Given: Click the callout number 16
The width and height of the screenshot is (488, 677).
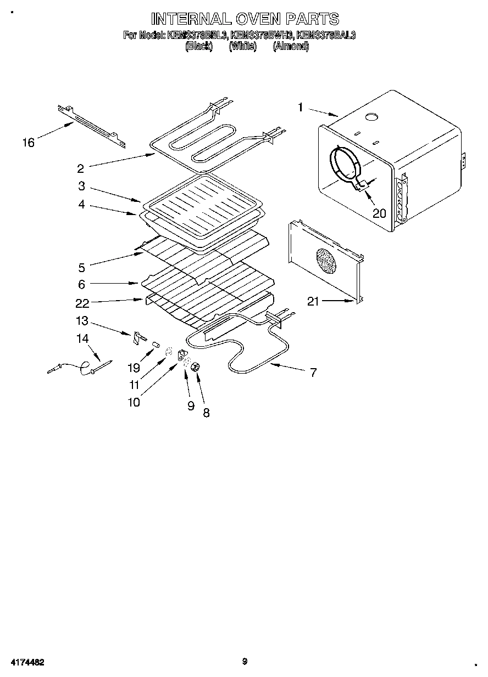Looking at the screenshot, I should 28,143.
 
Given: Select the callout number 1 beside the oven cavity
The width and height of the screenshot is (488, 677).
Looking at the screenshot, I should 300,108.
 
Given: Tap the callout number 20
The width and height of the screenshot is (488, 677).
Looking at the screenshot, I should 379,213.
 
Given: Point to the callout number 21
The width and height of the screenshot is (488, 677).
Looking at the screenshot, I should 313,301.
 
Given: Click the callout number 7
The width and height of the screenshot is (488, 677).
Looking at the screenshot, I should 313,373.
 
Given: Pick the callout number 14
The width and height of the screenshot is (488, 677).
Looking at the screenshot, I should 82,339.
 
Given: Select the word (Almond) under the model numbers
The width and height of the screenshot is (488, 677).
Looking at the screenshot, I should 291,47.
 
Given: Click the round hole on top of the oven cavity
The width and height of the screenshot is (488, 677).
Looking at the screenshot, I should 372,117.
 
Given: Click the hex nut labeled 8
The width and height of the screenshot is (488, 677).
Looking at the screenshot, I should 195,367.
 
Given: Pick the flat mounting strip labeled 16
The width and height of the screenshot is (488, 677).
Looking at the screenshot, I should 91,125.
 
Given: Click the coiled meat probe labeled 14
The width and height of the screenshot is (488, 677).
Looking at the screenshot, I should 82,368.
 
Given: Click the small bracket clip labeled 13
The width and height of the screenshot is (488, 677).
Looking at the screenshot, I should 137,338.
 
